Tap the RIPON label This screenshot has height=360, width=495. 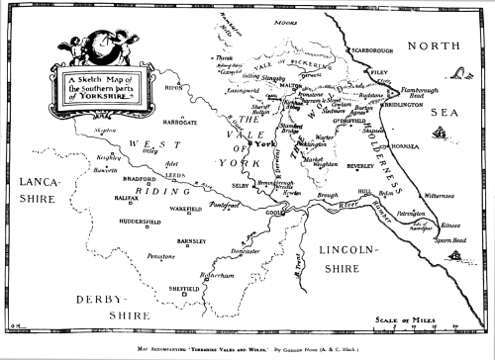coord(174,86)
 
